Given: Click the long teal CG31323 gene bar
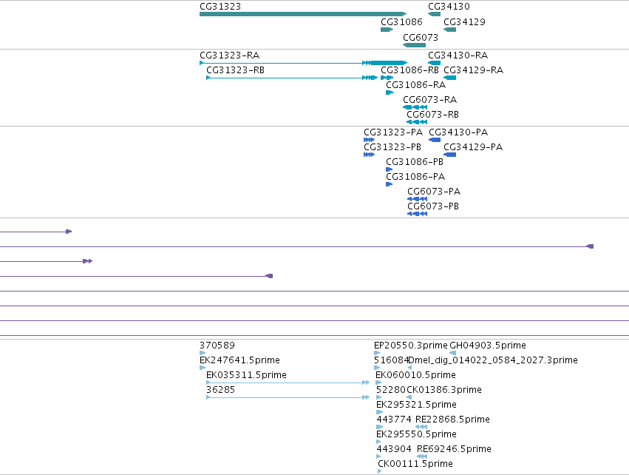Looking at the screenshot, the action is (x=303, y=14).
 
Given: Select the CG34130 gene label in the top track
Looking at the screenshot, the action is (x=449, y=7).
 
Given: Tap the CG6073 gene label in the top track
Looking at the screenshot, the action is (x=421, y=38).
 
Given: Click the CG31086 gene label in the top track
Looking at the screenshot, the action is (x=401, y=22).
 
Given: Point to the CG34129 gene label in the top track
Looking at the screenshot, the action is (x=464, y=22).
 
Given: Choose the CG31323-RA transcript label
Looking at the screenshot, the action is (x=229, y=55).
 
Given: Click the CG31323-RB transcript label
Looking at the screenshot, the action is (x=236, y=70).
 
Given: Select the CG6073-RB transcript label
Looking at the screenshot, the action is (x=433, y=115).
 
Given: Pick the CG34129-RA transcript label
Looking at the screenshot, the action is (x=473, y=70).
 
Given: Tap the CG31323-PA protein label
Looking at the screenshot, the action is (x=393, y=132).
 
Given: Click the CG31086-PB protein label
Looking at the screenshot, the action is (x=415, y=162).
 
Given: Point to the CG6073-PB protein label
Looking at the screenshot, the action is (x=433, y=206).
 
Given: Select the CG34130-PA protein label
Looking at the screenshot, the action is (x=458, y=132).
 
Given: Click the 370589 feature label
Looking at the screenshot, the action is (x=217, y=346).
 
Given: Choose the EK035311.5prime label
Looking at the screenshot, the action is (x=246, y=375).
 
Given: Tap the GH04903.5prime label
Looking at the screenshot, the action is (x=488, y=346).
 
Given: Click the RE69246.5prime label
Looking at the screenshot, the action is (x=454, y=449).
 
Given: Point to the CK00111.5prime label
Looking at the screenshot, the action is (x=415, y=464).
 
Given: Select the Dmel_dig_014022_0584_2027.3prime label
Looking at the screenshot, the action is (x=492, y=360).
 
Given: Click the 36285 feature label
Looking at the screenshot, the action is (x=221, y=390).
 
